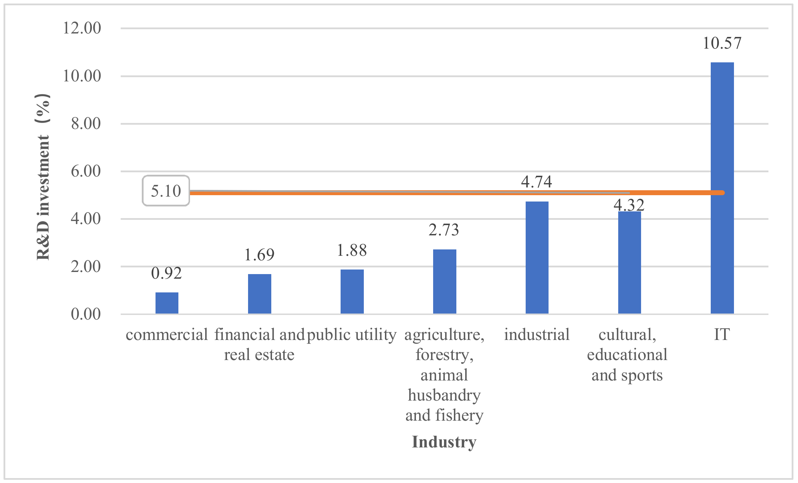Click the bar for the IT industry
(x=722, y=188)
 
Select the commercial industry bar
(x=167, y=303)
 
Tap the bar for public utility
(x=352, y=292)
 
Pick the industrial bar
(x=537, y=258)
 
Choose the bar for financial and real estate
(x=259, y=294)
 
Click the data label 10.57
(x=722, y=43)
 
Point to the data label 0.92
(x=166, y=273)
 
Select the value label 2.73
(x=444, y=230)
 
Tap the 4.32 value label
(x=629, y=205)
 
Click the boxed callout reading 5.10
(x=166, y=191)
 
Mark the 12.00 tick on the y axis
(x=82, y=28)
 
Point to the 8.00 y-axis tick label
(x=86, y=124)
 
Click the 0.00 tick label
(x=86, y=314)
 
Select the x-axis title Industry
(x=444, y=442)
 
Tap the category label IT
(x=722, y=334)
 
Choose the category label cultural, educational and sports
(x=627, y=354)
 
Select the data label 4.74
(x=536, y=182)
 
